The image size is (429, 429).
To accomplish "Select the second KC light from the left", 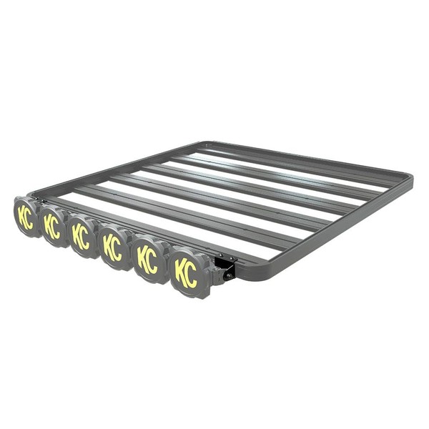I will [x=51, y=225].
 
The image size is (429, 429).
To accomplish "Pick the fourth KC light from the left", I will [x=113, y=247].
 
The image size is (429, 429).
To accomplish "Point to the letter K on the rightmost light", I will [x=182, y=271].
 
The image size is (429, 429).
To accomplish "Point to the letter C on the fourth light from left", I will [x=118, y=250].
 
